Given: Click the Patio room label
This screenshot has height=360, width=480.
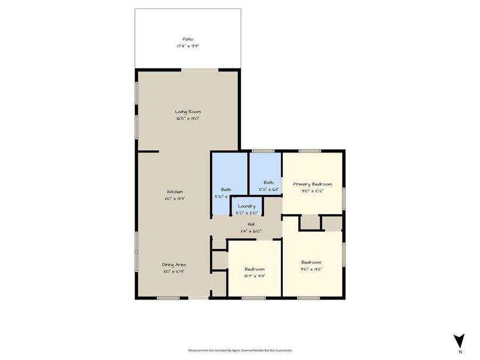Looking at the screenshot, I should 187,39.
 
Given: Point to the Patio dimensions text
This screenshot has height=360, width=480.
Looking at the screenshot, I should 187,46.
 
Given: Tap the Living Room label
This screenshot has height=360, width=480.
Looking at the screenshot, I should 188,111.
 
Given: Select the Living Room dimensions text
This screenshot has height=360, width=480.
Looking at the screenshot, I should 188,119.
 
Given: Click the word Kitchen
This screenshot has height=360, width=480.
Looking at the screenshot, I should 175,191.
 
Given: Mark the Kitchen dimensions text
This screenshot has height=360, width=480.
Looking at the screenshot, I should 175,198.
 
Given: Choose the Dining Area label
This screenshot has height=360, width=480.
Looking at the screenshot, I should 174,264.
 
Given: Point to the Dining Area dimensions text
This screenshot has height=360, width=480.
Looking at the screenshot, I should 174,271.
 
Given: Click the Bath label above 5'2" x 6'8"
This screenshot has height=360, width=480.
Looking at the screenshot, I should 268,182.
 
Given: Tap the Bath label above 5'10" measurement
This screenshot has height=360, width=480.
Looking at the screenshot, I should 226,189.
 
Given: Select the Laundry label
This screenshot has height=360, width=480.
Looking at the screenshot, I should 247,206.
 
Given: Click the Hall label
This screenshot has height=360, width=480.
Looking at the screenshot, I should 251,224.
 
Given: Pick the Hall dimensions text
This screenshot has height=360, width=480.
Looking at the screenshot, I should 251,231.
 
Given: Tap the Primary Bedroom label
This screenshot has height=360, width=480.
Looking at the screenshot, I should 313,184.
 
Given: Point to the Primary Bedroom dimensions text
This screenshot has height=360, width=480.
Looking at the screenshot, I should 313,191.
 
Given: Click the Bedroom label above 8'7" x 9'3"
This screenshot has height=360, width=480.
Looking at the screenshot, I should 254,269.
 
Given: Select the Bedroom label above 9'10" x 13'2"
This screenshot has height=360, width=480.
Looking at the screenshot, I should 311,262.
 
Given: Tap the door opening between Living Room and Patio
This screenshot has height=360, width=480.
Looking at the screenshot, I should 200,69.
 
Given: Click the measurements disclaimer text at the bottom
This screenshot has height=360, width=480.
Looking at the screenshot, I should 240,350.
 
